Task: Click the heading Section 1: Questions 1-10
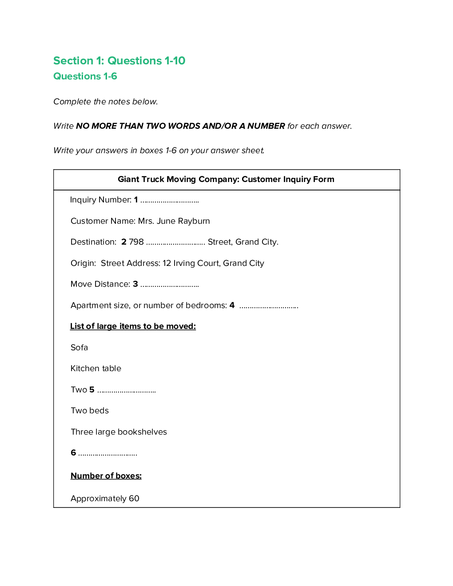pos(119,60)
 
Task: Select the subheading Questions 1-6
pos(85,76)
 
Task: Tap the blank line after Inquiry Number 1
pos(170,201)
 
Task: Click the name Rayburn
pos(194,221)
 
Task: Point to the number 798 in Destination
pos(136,242)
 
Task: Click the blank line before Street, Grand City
pos(175,243)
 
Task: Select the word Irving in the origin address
pos(184,263)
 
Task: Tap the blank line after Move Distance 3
pos(170,285)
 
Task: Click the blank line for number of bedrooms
pos(269,306)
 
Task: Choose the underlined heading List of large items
pos(133,326)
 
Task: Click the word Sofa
pos(79,348)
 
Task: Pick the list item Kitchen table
pos(95,368)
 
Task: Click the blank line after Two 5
pos(127,391)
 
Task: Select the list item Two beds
pos(89,411)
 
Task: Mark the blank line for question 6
pos(107,454)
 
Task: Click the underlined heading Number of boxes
pos(106,476)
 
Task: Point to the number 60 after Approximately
pos(134,499)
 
